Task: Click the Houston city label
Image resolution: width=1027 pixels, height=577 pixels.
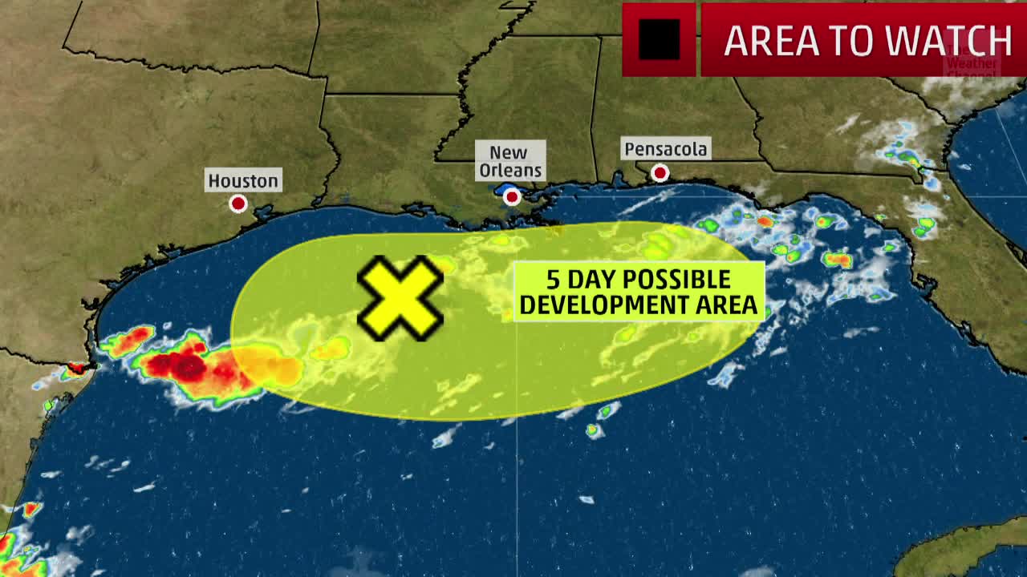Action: click(x=243, y=180)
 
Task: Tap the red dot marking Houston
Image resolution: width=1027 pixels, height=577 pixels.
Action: click(x=237, y=204)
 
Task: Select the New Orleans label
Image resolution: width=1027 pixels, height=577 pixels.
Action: click(x=509, y=161)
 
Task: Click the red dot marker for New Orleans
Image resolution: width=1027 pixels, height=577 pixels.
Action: click(x=512, y=196)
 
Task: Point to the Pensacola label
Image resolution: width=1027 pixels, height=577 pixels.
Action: click(x=666, y=149)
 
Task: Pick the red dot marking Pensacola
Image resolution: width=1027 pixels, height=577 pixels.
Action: click(x=660, y=173)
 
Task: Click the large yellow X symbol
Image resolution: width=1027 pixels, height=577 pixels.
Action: click(x=400, y=297)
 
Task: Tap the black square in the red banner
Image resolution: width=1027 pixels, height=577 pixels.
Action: click(x=659, y=39)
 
